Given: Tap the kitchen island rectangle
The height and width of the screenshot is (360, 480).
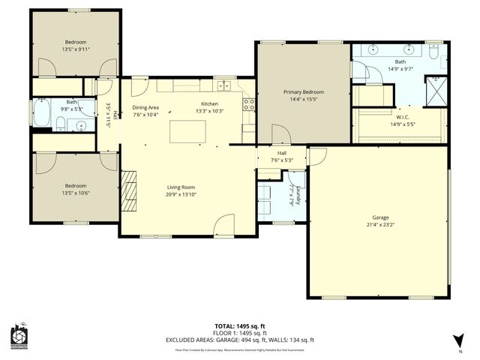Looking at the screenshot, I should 187,131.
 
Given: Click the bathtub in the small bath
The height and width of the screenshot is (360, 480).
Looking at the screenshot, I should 42,115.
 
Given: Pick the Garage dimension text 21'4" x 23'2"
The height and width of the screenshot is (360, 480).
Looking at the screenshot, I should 380,223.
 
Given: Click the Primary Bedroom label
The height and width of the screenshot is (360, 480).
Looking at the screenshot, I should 303,91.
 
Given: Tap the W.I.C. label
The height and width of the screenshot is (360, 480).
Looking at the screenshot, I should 402,117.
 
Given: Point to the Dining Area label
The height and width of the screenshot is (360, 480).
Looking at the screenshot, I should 146,107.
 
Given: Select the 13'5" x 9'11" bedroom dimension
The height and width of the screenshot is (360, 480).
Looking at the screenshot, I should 75,49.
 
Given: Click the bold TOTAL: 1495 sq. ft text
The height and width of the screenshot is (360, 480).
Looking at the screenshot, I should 239,325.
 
